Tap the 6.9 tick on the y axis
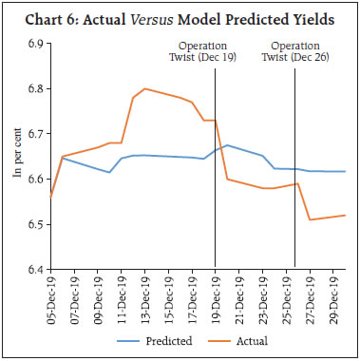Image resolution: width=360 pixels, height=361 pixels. [x=35, y=44]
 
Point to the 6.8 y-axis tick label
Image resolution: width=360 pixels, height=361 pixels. [x=35, y=88]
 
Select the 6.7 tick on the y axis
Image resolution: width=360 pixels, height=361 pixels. [x=35, y=134]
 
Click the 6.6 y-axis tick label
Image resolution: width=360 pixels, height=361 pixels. [x=35, y=179]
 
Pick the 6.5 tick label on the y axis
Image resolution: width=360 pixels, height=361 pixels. [x=35, y=224]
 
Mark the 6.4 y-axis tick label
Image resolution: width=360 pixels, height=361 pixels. [x=35, y=270]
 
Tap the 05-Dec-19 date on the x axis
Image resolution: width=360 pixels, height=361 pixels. [x=49, y=295]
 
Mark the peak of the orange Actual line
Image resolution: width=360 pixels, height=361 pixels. [x=144, y=88]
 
